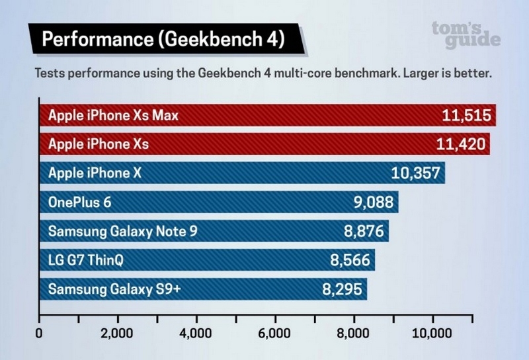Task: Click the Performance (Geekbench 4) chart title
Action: pyautogui.click(x=163, y=40)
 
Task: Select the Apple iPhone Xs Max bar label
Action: pyautogui.click(x=113, y=116)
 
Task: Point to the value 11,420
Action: pyautogui.click(x=461, y=144)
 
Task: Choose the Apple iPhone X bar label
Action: pyautogui.click(x=95, y=173)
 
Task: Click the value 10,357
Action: pyautogui.click(x=416, y=174)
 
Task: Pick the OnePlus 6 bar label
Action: pyautogui.click(x=80, y=202)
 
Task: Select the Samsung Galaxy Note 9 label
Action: pyautogui.click(x=122, y=232)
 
